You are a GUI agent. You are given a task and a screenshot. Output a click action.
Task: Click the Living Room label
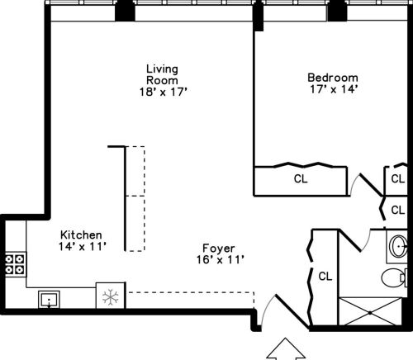pyautogui.click(x=163, y=74)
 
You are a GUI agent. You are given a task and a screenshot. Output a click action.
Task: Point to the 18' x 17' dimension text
pyautogui.click(x=164, y=92)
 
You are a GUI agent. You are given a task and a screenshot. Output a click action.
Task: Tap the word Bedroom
pyautogui.click(x=332, y=78)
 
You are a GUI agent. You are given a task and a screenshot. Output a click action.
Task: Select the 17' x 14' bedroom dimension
pyautogui.click(x=332, y=90)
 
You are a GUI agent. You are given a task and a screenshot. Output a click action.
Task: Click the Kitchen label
pyautogui.click(x=80, y=234)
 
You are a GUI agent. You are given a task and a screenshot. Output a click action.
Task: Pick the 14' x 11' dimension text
pyautogui.click(x=81, y=246)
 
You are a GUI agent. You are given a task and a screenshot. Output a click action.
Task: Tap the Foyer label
pyautogui.click(x=219, y=248)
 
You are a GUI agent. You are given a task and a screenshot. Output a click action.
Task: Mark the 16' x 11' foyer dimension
pyautogui.click(x=219, y=260)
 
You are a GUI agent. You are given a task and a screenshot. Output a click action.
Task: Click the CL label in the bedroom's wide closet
pyautogui.click(x=300, y=178)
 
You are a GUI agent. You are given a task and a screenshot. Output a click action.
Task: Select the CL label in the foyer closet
pyautogui.click(x=325, y=275)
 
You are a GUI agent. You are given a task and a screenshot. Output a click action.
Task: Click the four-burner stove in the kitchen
pyautogui.click(x=14, y=263)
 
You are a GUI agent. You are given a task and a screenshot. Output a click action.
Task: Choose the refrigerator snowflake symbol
pyautogui.click(x=109, y=297)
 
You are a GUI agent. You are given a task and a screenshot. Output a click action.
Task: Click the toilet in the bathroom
pyautogui.click(x=395, y=276)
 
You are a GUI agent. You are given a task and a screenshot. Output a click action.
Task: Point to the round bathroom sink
pyautogui.click(x=399, y=245)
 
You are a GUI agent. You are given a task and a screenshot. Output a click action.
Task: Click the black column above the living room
pyautogui.click(x=125, y=11)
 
